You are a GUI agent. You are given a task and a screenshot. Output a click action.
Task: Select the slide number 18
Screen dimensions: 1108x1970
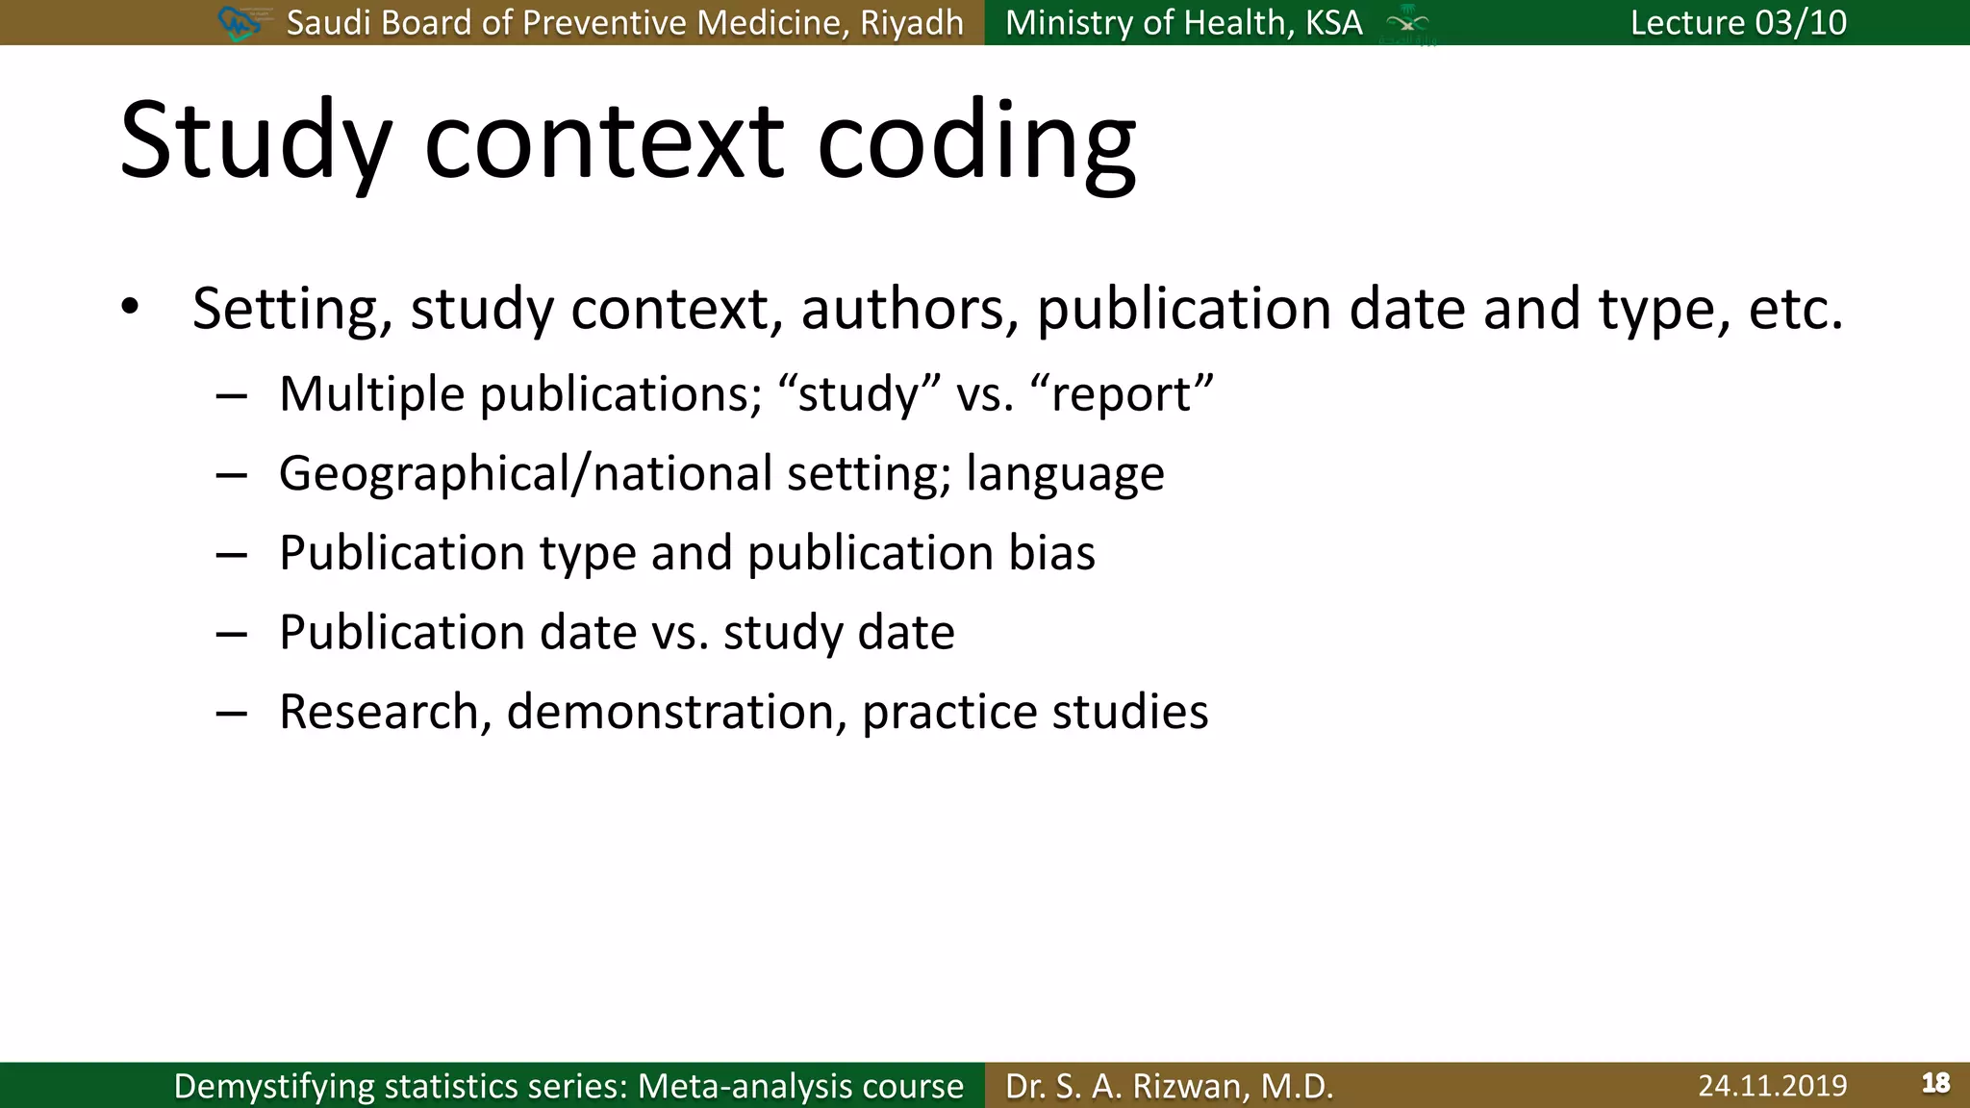1935,1084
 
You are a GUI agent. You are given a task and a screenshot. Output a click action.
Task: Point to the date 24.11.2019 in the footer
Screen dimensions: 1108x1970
1772,1086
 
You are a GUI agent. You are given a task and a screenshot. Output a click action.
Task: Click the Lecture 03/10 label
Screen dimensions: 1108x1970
1738,23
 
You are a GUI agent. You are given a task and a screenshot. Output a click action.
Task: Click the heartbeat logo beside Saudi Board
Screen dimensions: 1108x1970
240,23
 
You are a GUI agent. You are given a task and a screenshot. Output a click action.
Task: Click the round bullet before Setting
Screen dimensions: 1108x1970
130,308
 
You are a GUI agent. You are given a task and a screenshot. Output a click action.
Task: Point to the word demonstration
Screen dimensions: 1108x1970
676,713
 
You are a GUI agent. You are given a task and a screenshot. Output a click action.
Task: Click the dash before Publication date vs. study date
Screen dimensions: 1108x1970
232,634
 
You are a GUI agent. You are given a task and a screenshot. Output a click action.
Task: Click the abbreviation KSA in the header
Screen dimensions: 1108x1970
1333,23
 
